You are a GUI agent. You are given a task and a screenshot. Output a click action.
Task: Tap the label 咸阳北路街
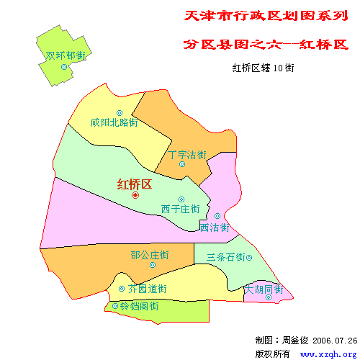coord(114,122)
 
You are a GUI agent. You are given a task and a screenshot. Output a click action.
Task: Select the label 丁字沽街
coord(187,155)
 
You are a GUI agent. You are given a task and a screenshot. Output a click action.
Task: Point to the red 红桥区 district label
coord(135,184)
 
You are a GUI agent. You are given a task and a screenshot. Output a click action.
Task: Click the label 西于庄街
coord(180,210)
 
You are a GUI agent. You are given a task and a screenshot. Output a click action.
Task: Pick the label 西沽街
coord(215,228)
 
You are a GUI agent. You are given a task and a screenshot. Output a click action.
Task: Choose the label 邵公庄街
coord(150,255)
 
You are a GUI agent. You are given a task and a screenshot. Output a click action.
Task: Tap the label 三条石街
coord(225,257)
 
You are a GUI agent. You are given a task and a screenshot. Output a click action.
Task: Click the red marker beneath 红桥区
coord(135,195)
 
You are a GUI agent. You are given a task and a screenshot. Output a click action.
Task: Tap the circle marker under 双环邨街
coord(64,67)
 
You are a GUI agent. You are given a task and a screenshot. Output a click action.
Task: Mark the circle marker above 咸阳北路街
coord(119,112)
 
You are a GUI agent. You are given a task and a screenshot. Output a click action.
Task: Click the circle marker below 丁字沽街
coord(182,164)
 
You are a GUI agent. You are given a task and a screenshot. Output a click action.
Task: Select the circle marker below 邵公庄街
coord(152,264)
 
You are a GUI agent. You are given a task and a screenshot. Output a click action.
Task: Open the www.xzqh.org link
coord(328,354)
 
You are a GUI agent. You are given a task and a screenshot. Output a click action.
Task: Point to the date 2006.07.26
coord(335,340)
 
